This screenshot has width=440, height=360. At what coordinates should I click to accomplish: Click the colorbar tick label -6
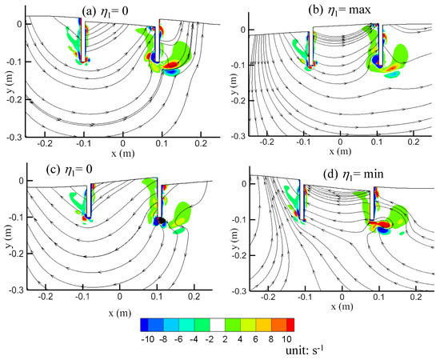pos(177,340)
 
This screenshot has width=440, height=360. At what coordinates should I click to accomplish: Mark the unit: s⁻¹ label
pos(293,352)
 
